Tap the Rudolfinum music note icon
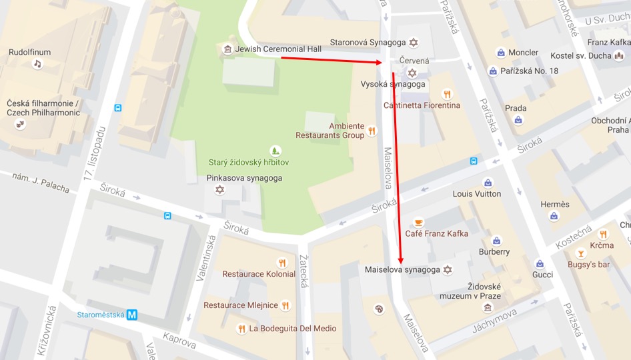click(x=37, y=64)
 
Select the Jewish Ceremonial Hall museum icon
click(x=227, y=49)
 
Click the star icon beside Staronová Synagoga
click(x=414, y=43)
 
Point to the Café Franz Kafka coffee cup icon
click(x=418, y=222)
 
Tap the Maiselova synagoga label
click(x=402, y=270)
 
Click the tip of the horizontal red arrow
click(x=383, y=62)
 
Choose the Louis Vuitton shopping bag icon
click(x=488, y=183)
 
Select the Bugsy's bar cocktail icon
click(x=580, y=253)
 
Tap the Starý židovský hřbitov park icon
click(x=273, y=151)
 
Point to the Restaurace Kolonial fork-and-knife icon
click(x=282, y=263)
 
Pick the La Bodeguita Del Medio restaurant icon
click(x=241, y=328)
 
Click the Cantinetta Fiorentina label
click(x=422, y=105)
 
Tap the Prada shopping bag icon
click(x=518, y=120)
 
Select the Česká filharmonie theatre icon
click(x=21, y=124)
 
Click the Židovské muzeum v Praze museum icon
click(x=488, y=307)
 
